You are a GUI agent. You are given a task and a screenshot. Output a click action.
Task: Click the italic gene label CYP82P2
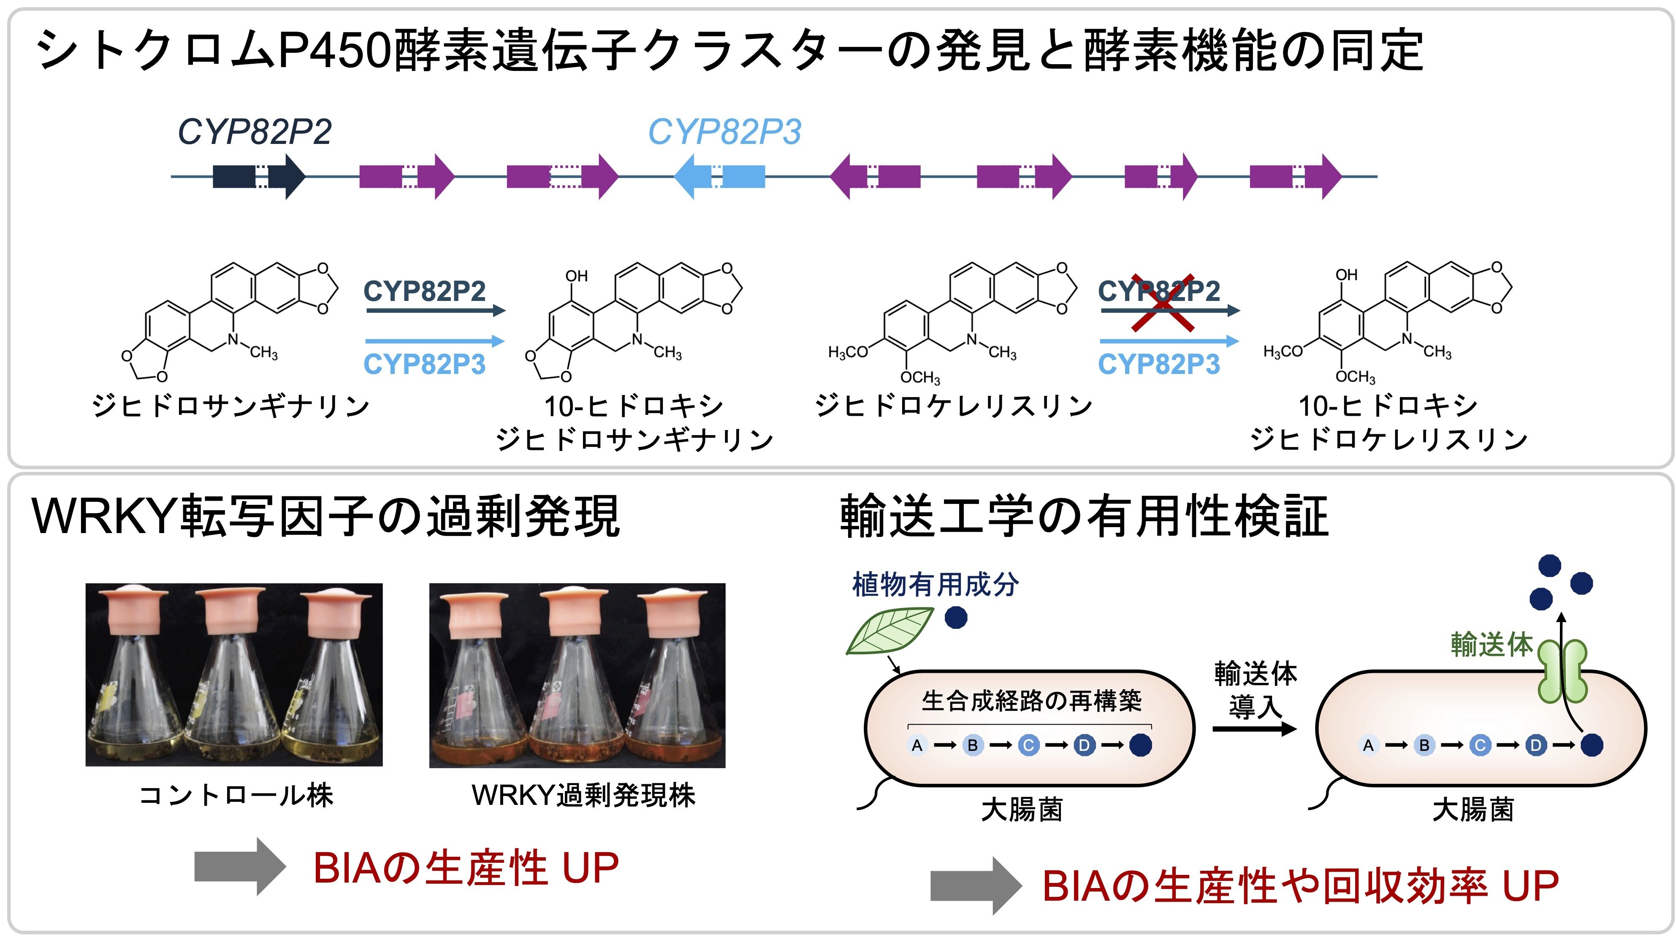click(255, 132)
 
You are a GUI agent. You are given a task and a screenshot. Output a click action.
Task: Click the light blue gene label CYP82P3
click(724, 132)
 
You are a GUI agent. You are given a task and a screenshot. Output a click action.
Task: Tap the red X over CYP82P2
click(1163, 303)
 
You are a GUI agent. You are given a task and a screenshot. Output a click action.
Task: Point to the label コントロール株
click(236, 795)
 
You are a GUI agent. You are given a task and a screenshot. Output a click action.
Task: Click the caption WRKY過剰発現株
click(583, 795)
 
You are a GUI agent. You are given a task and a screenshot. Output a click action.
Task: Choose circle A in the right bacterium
click(1368, 745)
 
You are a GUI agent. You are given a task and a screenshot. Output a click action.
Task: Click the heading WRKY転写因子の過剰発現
click(325, 517)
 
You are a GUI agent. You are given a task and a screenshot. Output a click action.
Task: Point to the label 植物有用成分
click(935, 584)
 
